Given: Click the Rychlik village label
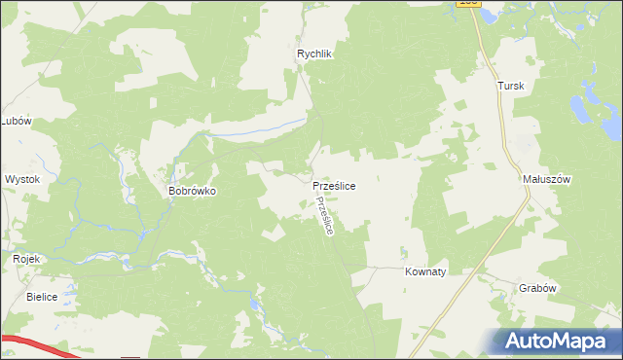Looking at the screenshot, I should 315,54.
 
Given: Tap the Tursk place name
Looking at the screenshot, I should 511,86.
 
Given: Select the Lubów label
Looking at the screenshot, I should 17,121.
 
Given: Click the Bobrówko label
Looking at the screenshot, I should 192,192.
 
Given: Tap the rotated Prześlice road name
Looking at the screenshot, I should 325,215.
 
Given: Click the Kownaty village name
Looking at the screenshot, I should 424,272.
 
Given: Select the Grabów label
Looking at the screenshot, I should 536,288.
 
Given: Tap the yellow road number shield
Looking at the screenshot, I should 468,4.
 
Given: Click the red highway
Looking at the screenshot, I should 39,347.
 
